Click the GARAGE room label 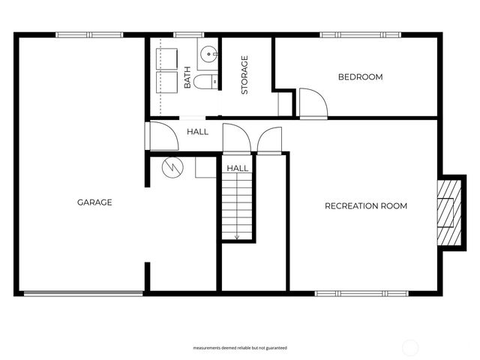pyautogui.click(x=94, y=202)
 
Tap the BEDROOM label pyautogui.click(x=360, y=77)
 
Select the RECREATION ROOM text pyautogui.click(x=365, y=206)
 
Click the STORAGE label pyautogui.click(x=244, y=75)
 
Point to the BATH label pyautogui.click(x=187, y=78)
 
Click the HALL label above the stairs pyautogui.click(x=238, y=168)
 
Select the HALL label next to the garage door pyautogui.click(x=198, y=132)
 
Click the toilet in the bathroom pyautogui.click(x=205, y=82)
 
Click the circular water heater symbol pyautogui.click(x=172, y=166)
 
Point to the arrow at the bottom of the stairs pyautogui.click(x=237, y=235)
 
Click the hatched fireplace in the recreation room pyautogui.click(x=448, y=211)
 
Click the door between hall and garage pyautogui.click(x=158, y=135)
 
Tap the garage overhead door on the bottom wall pyautogui.click(x=83, y=292)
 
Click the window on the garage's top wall pyautogui.click(x=89, y=34)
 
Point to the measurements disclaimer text pyautogui.click(x=240, y=348)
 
